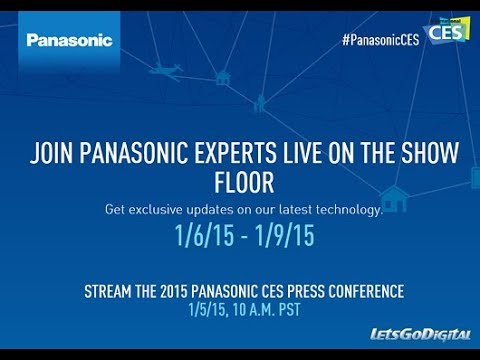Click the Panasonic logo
coord(69,40)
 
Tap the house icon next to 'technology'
coord(393,199)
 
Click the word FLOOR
coord(240,184)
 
